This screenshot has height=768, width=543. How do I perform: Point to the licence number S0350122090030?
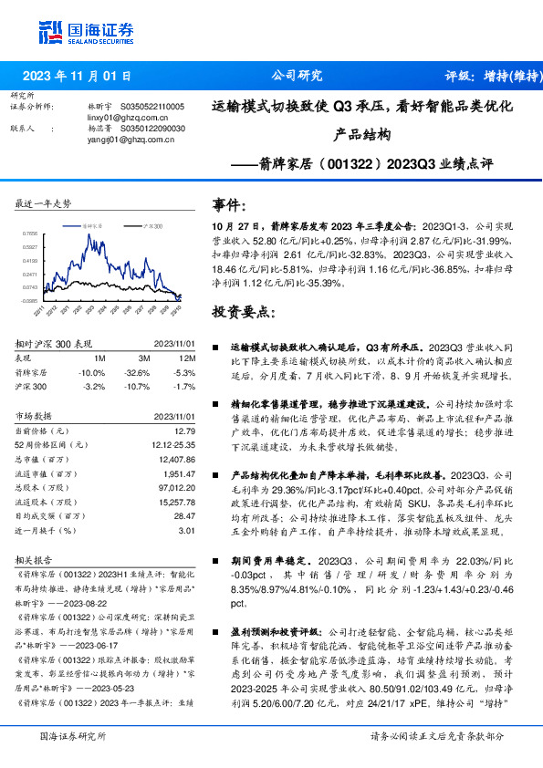(x=152, y=129)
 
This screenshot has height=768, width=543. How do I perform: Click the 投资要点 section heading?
(x=243, y=312)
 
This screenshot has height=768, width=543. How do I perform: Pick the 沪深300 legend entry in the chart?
(x=153, y=223)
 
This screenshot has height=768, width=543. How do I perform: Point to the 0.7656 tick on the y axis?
(x=29, y=234)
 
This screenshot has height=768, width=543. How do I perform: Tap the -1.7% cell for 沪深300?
(x=184, y=386)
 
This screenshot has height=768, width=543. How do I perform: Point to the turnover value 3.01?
(x=187, y=530)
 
